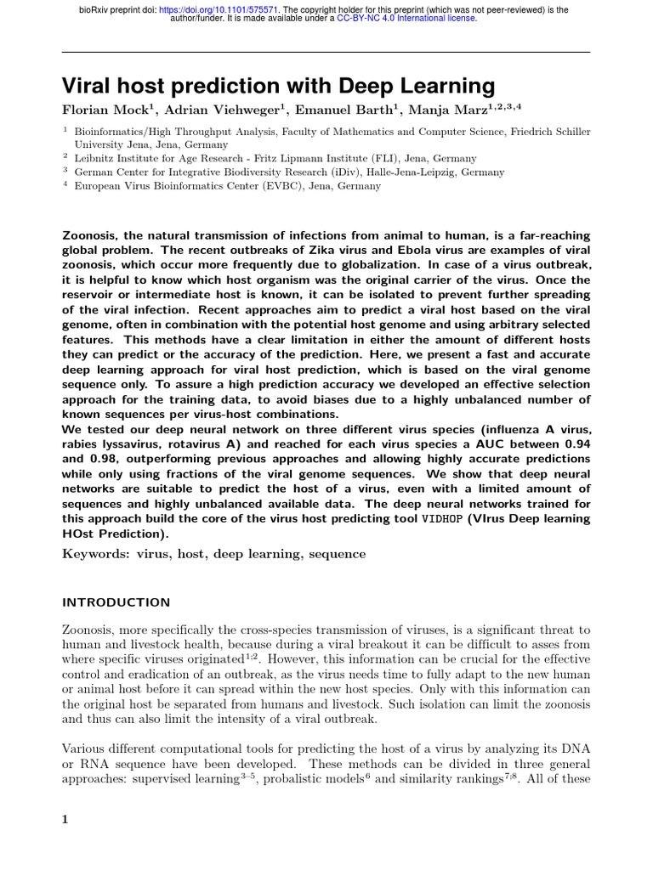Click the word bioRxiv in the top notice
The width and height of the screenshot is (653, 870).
pos(96,10)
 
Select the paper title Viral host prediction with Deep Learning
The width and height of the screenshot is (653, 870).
pos(278,86)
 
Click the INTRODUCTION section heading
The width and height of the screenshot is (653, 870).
pos(116,602)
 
